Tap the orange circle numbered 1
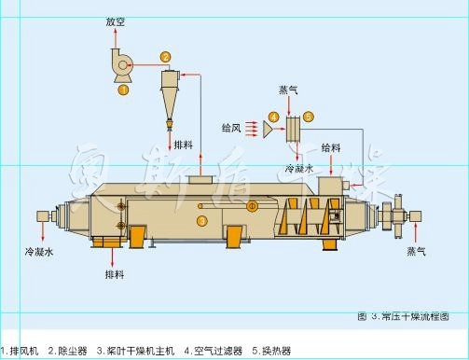click(122, 90)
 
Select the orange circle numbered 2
click(165, 57)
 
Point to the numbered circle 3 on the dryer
click(202, 221)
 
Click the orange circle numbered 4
click(273, 117)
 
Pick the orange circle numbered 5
click(309, 117)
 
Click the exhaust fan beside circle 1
click(120, 66)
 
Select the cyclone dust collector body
click(168, 93)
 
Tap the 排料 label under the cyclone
click(185, 146)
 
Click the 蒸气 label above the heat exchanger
click(289, 90)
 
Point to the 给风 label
click(232, 126)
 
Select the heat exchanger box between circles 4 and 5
click(292, 127)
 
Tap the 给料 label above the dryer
click(330, 147)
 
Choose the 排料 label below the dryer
click(115, 275)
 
